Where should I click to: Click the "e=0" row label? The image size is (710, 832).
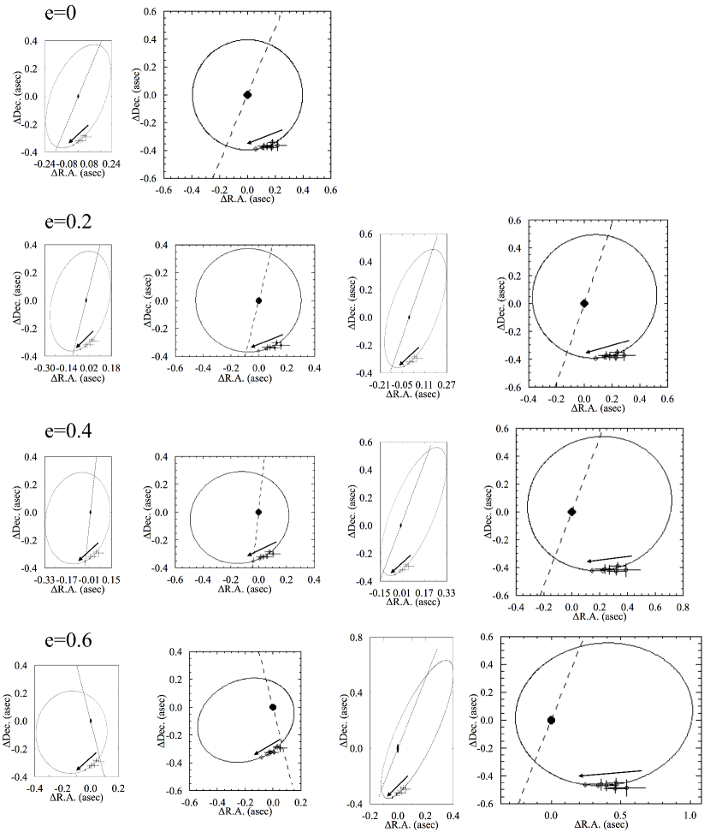click(61, 13)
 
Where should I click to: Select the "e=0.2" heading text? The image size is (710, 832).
click(68, 221)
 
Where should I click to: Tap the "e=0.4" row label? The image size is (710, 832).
click(68, 431)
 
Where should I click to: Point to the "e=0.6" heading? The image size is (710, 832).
click(68, 640)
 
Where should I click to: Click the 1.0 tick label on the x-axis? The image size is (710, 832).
click(689, 815)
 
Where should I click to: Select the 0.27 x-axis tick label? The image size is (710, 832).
click(447, 384)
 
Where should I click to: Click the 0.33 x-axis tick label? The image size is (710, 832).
click(447, 592)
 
